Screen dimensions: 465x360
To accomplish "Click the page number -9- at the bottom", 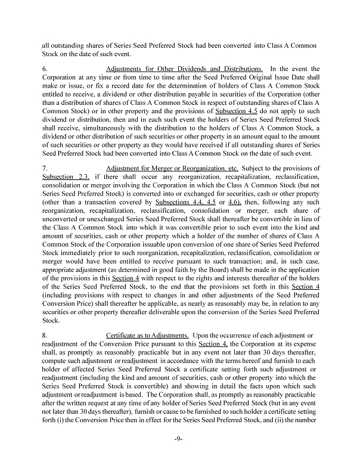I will [179, 440].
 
